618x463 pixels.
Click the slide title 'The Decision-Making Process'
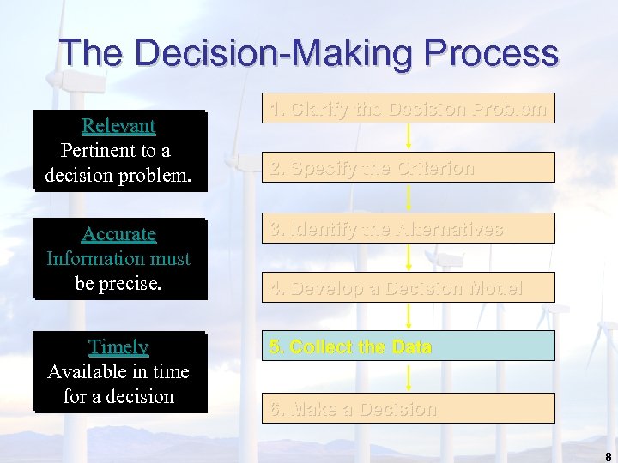click(x=309, y=53)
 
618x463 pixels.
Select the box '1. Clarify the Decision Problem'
click(x=408, y=109)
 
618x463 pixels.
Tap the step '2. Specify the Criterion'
click(x=408, y=168)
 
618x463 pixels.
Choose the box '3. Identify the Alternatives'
click(x=408, y=229)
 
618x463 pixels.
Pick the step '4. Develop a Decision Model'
click(x=408, y=288)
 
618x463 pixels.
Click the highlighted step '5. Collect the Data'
click(x=408, y=346)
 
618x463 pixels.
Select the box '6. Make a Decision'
click(x=408, y=409)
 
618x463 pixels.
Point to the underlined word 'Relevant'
click(x=118, y=126)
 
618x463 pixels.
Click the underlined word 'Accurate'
click(x=118, y=234)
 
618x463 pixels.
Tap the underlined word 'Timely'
click(x=118, y=347)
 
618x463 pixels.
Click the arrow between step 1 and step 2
click(x=409, y=136)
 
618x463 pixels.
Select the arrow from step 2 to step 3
click(x=409, y=198)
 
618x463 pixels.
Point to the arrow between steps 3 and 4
click(x=409, y=257)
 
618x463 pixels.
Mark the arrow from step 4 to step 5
click(x=409, y=316)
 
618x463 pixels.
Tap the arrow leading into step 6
click(x=409, y=377)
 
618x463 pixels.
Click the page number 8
click(x=608, y=456)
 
